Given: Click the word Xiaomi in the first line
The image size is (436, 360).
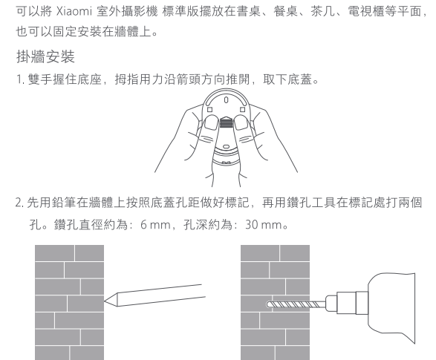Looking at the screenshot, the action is point(74,12).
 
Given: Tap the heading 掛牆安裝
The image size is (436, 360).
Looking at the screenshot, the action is point(45,56).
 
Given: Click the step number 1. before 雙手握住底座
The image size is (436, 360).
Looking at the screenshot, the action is point(21,79).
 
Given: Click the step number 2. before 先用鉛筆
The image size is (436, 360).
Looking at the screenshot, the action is point(20,203).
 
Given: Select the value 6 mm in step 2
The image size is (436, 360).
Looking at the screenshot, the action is point(156,225).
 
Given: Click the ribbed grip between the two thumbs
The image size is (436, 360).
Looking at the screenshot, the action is point(226,122).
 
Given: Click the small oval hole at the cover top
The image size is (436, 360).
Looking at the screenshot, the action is point(226,99).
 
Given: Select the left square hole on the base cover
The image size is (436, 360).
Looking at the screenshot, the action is point(210,110).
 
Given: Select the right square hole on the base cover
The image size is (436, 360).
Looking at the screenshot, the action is point(242,110).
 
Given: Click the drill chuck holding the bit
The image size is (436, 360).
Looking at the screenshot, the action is point(347,303).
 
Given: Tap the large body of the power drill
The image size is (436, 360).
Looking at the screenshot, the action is point(391,307).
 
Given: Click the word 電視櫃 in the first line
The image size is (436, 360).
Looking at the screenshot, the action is point(366,12).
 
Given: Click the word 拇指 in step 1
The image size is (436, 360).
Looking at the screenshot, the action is point(127,79).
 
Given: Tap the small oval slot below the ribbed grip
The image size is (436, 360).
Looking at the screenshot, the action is point(226,146).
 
